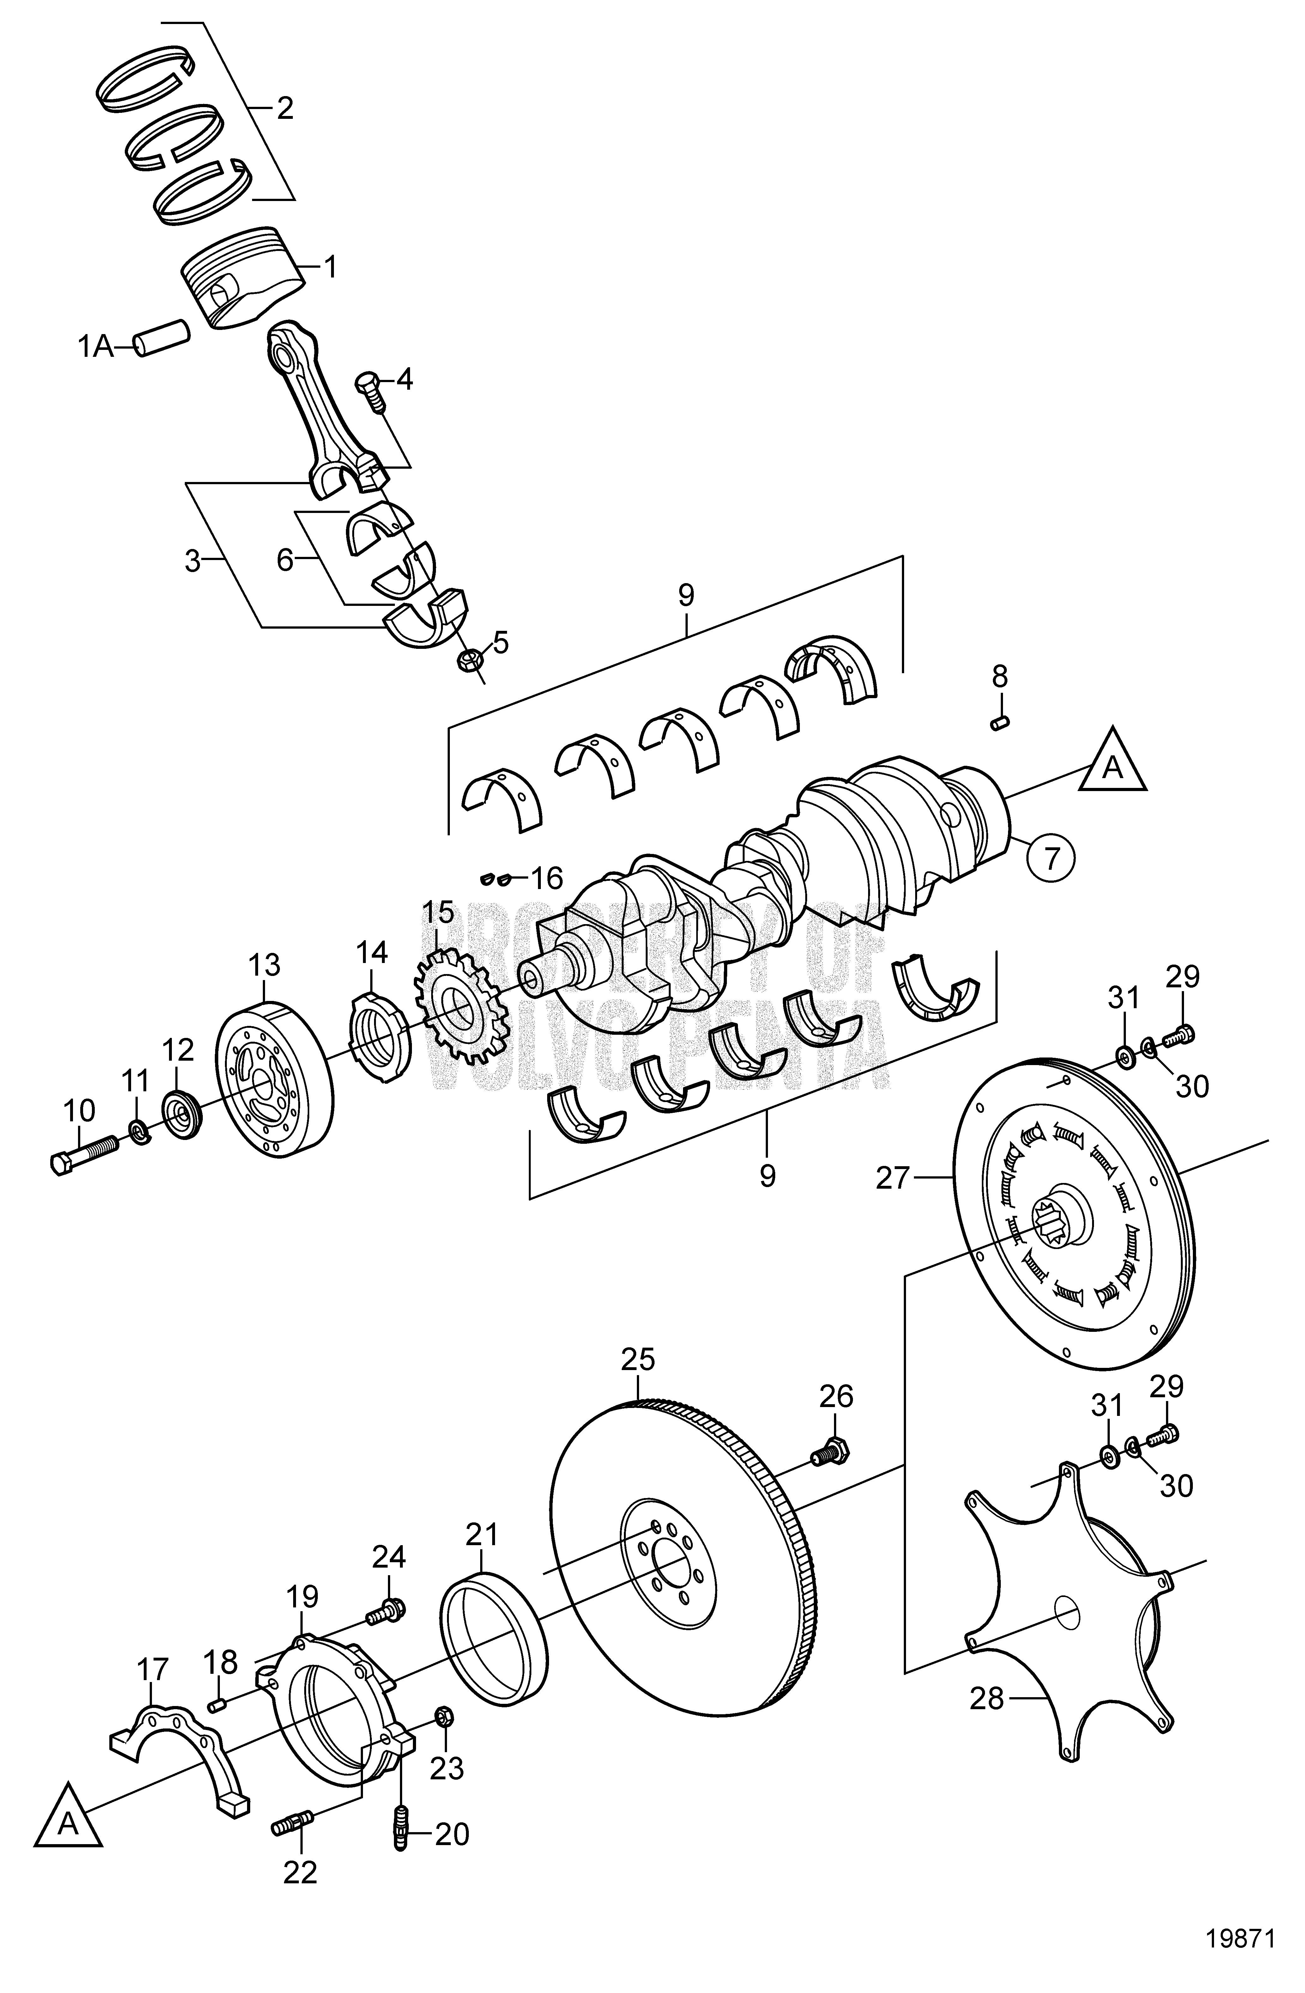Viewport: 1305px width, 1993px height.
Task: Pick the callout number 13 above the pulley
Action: click(264, 965)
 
